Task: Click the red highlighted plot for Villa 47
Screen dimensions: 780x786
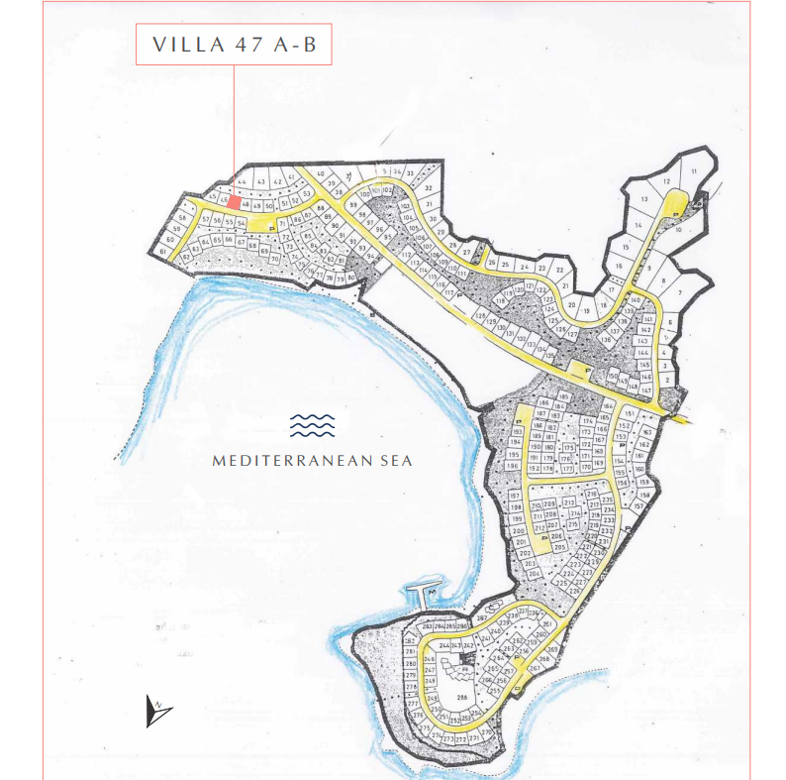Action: [234, 200]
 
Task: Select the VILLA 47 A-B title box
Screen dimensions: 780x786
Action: [234, 46]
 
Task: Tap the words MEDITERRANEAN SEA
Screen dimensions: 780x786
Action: [312, 460]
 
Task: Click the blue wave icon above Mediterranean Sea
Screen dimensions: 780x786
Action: [312, 426]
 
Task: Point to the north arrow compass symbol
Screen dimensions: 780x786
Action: [157, 711]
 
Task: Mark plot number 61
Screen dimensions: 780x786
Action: [162, 252]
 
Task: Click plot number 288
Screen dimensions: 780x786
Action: [461, 699]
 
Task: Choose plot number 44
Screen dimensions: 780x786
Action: [241, 182]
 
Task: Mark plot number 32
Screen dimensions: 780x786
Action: [428, 187]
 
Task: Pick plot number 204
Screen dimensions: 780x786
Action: [535, 574]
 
